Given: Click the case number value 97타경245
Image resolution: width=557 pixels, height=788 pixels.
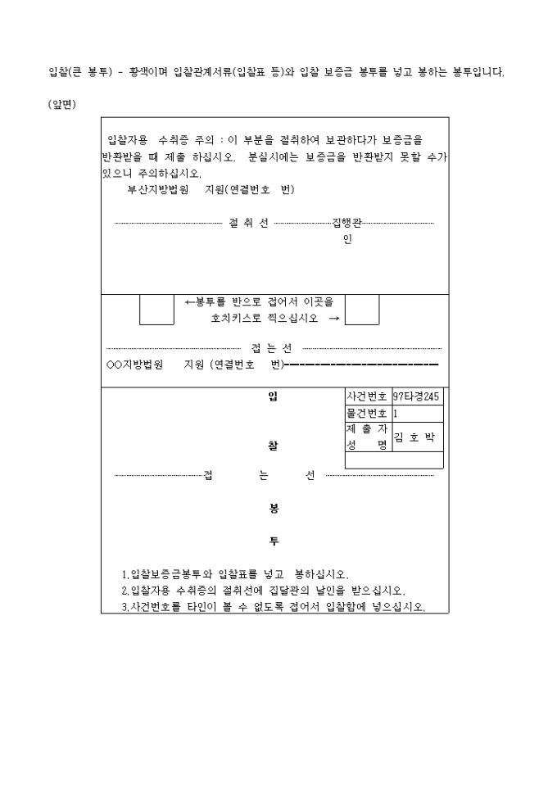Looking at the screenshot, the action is pos(416,396).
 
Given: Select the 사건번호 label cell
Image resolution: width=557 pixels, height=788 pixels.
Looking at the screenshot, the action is pos(369,396).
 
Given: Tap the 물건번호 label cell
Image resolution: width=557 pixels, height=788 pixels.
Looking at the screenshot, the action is pos(369,414).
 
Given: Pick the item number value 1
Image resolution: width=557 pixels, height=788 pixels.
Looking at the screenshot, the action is pos(396,414).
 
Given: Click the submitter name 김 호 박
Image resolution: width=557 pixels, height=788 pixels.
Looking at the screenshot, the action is pos(414,437).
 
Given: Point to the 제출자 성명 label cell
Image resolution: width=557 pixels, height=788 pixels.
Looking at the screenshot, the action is pos(369,437).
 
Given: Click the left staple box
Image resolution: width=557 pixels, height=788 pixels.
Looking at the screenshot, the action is pos(156,310).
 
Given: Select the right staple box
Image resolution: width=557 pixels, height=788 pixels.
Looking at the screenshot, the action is pos(362,310).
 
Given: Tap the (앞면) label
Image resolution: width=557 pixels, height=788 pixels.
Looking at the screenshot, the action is pos(61,105).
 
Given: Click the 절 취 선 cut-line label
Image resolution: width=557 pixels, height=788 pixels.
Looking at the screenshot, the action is pos(249,223).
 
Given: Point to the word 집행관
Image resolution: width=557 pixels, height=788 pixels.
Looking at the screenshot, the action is pos(346,223).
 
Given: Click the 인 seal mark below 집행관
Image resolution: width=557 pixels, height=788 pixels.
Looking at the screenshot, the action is pos(347,239).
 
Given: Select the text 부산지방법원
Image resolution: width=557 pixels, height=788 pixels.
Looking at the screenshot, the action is pos(158,189).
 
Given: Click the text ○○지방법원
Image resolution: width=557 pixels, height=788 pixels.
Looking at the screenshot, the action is pos(134,365).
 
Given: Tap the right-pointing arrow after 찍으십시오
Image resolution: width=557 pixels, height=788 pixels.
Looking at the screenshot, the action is pos(334,318).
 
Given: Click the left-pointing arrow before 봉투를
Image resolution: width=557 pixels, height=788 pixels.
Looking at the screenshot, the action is pos(190,302).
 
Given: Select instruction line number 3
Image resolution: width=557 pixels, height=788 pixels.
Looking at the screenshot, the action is pos(274,607).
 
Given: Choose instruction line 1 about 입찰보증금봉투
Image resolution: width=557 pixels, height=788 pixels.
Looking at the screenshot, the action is pos(235,574).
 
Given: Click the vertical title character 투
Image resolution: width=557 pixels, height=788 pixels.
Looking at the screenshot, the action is pos(274,541).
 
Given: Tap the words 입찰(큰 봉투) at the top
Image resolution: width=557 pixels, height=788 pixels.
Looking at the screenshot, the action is pos(80,72).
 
